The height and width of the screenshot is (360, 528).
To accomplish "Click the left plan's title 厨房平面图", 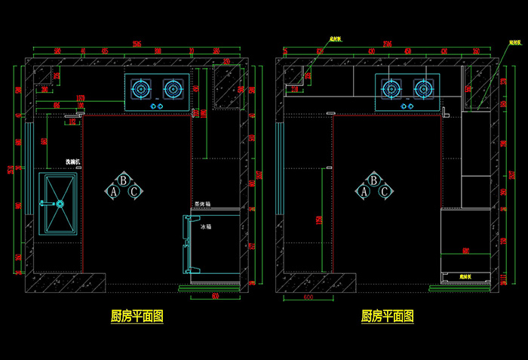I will (137, 316).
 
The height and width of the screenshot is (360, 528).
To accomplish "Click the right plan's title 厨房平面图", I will (388, 316).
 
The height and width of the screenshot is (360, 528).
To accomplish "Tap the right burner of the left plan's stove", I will (173, 90).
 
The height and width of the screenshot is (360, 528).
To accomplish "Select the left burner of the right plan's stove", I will (391, 90).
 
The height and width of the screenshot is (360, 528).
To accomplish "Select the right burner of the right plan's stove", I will (422, 90).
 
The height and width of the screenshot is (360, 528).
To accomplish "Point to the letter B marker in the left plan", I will (124, 181).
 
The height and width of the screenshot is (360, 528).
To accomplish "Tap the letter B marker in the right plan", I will (374, 181).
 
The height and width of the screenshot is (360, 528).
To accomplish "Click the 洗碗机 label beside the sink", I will (72, 162).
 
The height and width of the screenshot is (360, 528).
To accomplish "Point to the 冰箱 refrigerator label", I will (205, 226).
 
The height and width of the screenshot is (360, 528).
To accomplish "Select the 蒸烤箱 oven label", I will (203, 204).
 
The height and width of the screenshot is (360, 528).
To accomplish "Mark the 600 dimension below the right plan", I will (308, 297).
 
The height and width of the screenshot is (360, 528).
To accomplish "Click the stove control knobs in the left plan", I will (157, 106).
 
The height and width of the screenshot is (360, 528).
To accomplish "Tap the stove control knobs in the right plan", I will (407, 106).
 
